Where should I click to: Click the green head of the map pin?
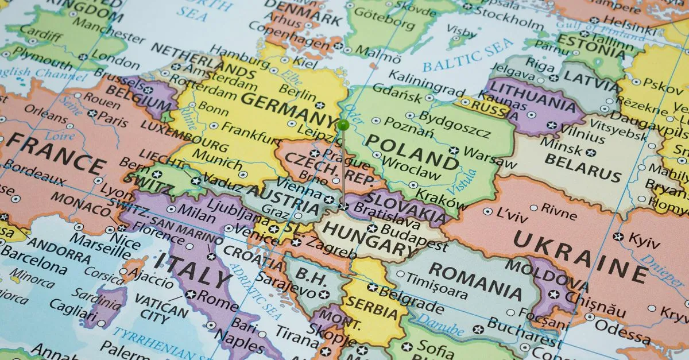(343, 124)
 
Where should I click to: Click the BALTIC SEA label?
(468, 56)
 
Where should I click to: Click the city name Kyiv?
(642, 239)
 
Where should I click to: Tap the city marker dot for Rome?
(191, 295)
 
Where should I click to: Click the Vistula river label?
(467, 181)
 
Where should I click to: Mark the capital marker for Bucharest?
(478, 329)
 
